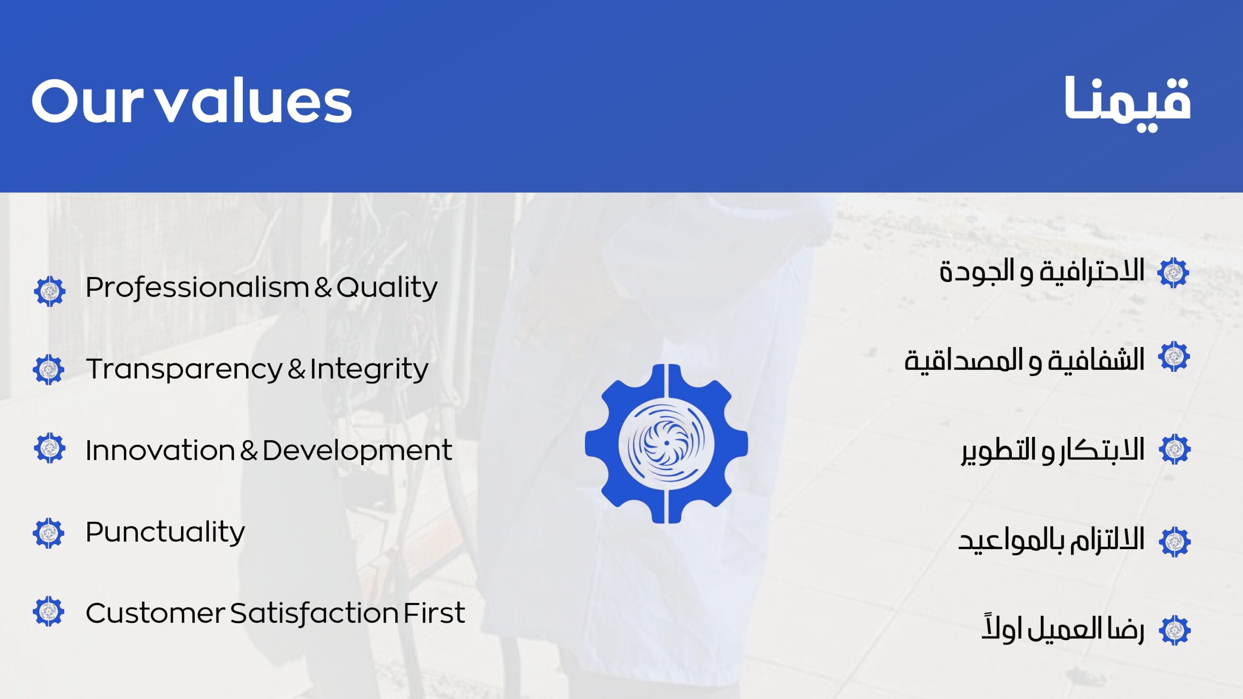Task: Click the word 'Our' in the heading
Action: point(87,101)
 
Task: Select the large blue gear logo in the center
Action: point(666,444)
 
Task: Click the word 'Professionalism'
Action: point(197,288)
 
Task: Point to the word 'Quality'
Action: point(387,288)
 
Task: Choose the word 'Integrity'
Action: point(369,369)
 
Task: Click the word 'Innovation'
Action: point(160,450)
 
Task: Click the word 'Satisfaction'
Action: point(314,614)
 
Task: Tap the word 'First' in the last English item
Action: point(434,613)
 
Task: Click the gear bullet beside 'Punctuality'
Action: point(49,533)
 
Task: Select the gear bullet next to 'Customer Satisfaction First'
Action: point(49,611)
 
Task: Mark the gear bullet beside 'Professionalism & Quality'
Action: point(50,291)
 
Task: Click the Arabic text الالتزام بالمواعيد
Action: point(1051,540)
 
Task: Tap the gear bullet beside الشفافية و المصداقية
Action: point(1174,356)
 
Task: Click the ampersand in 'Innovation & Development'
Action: point(249,451)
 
